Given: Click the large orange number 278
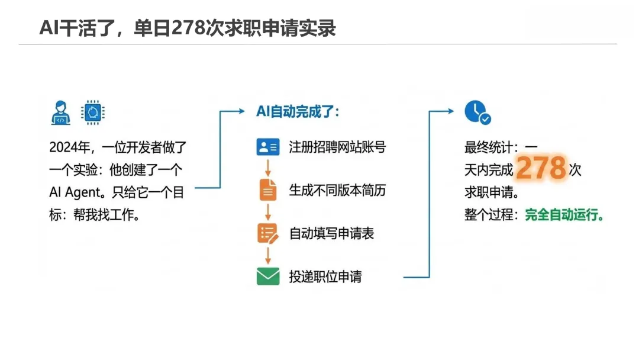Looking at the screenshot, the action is point(541,169).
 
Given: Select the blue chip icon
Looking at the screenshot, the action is point(92,112).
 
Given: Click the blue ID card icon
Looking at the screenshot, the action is point(267,147).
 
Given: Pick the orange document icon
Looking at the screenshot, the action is point(267,189).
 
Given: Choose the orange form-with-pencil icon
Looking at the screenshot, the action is point(267,233).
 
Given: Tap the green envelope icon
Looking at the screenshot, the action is point(267,277).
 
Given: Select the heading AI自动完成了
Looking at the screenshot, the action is point(298,112).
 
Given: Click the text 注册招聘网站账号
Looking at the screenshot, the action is point(337,147).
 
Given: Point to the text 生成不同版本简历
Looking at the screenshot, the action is point(337,190).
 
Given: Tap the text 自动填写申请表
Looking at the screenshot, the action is point(331,233).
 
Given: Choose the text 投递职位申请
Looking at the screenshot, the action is point(325,277).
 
